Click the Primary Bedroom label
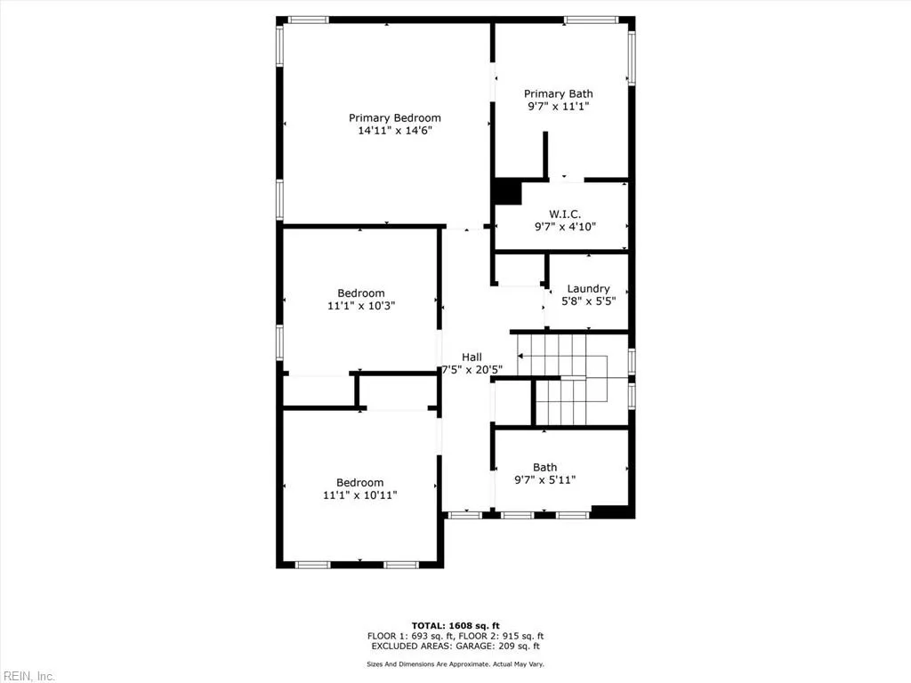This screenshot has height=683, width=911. tap(394, 118)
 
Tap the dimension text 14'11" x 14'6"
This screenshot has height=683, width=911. tap(394, 131)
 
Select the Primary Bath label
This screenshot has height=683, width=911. tap(558, 94)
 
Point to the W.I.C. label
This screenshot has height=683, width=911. tap(565, 214)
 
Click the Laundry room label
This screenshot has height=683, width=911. tap(588, 289)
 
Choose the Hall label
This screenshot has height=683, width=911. tap(472, 358)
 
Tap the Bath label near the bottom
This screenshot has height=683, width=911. tap(544, 468)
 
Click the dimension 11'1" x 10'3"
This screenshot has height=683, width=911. tap(360, 305)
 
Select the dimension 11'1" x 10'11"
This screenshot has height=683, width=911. tap(360, 494)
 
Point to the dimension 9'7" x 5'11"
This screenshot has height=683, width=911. tap(544, 480)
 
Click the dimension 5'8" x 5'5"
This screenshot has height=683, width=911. tap(588, 301)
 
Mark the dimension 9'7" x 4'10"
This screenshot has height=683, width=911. tap(565, 227)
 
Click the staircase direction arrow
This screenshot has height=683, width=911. tap(521, 356)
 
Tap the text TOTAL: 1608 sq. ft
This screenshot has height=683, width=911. tap(455, 625)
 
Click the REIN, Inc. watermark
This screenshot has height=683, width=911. tap(28, 676)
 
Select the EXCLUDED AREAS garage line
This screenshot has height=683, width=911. tap(455, 647)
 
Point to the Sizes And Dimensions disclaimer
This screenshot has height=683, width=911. tap(455, 664)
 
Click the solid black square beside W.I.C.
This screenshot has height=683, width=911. tap(507, 192)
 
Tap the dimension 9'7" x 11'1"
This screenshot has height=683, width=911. tap(558, 107)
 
